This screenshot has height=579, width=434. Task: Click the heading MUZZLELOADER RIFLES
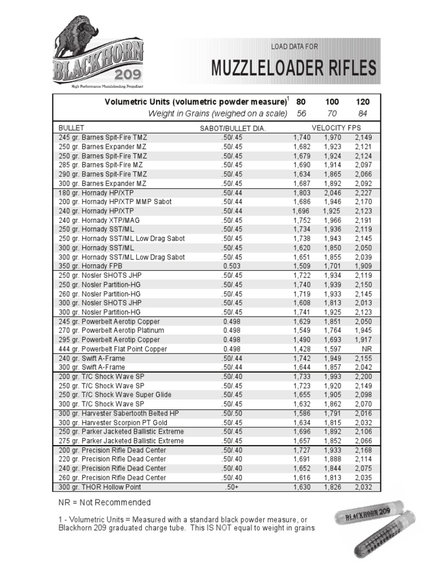[x=293, y=68]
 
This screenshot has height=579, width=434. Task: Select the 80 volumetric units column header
[x=301, y=102]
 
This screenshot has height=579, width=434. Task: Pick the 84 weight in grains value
[x=363, y=114]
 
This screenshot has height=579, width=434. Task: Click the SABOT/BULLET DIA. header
[x=232, y=128]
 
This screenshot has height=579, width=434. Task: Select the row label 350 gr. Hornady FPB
[x=90, y=266]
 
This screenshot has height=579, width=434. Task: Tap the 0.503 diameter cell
[x=232, y=266]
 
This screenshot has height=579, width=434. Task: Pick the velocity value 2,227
[x=363, y=192]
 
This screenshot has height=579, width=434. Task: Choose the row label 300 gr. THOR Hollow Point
[x=99, y=487]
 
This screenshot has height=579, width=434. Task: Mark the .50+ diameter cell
[x=232, y=487]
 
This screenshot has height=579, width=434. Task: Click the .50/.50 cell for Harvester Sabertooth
[x=232, y=413]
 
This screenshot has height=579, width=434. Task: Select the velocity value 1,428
[x=302, y=349]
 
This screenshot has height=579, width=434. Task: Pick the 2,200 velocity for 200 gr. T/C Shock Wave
[x=363, y=376]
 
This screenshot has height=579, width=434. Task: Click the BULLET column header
[x=71, y=128]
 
